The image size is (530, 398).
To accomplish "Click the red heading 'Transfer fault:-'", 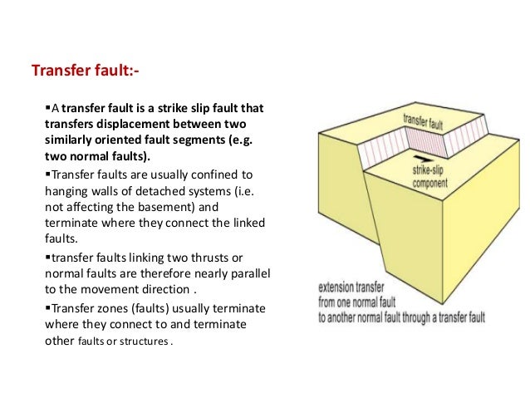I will [84, 72].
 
